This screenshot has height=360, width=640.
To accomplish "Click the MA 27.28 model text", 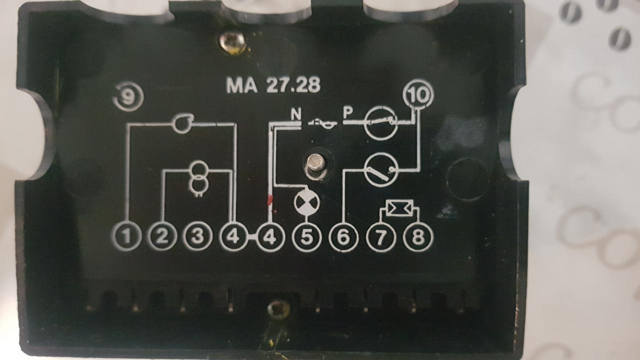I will coord(273,85).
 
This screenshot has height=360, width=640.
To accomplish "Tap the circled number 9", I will coord(128,97).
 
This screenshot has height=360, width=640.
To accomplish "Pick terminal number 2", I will coord(162,236).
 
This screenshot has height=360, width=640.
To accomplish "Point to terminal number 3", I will coord(198,236).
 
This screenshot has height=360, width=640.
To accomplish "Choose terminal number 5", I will coord(306,237).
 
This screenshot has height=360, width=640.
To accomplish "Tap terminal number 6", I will coord(343,237).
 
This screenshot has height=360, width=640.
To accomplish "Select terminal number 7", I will coord(381,237).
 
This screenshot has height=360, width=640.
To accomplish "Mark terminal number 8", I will coord(418,237).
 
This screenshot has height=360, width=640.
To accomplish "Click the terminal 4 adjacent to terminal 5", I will coord(270,237).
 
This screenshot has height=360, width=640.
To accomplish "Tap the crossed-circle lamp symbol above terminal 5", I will coord(306,202).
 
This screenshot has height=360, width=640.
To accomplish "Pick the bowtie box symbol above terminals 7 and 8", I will coord(399,207).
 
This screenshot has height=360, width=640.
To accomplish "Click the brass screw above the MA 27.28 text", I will coord(234,41).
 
